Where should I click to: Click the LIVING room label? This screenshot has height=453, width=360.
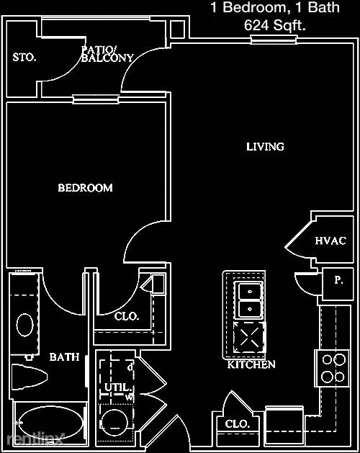[x=265, y=147]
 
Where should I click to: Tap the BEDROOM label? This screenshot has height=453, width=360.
[x=85, y=188]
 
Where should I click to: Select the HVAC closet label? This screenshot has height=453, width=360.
[x=330, y=241]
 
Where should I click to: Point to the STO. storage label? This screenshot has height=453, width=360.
[x=24, y=57]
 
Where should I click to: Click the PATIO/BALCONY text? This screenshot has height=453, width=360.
[x=107, y=54]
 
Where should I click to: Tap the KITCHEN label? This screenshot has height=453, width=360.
[x=251, y=364]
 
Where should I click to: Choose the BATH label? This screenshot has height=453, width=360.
[x=64, y=357]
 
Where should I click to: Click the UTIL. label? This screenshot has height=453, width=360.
[x=118, y=387]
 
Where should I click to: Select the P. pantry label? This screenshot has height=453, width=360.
[x=338, y=280]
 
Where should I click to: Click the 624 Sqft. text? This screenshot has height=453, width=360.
[x=275, y=25]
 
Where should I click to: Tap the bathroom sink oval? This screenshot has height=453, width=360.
[x=25, y=325]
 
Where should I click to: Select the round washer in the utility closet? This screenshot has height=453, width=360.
[x=114, y=422]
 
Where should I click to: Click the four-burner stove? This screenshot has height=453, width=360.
[x=333, y=368]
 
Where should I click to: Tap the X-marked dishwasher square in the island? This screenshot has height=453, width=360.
[x=249, y=337]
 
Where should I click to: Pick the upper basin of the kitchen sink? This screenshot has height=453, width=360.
[x=250, y=291]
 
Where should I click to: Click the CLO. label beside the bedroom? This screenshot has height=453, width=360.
[x=127, y=316]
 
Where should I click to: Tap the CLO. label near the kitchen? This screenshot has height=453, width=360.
[x=238, y=423]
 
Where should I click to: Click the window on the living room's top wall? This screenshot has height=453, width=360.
[x=274, y=40]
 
